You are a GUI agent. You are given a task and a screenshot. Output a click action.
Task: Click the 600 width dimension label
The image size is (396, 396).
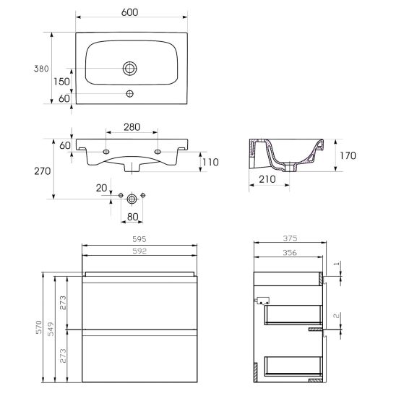tap(129, 12)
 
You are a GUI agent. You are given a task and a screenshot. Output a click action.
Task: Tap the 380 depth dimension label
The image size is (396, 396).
tap(41, 69)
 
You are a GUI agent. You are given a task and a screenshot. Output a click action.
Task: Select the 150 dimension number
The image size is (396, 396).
tap(61, 82)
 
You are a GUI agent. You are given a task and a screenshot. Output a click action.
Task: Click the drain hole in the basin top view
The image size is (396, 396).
tap(130, 69)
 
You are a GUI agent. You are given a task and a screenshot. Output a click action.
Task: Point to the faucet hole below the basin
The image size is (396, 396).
tap(130, 94)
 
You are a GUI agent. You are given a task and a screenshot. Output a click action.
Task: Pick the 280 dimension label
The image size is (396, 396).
tap(132, 127)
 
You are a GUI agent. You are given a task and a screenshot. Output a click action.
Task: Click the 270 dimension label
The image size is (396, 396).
tap(43, 171)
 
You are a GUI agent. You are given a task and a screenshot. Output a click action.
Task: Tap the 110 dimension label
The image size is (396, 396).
tap(210, 162)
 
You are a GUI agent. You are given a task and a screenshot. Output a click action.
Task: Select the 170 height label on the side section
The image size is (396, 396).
tap(348, 155)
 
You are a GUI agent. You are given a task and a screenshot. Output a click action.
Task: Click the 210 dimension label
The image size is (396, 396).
tap(267, 179)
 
